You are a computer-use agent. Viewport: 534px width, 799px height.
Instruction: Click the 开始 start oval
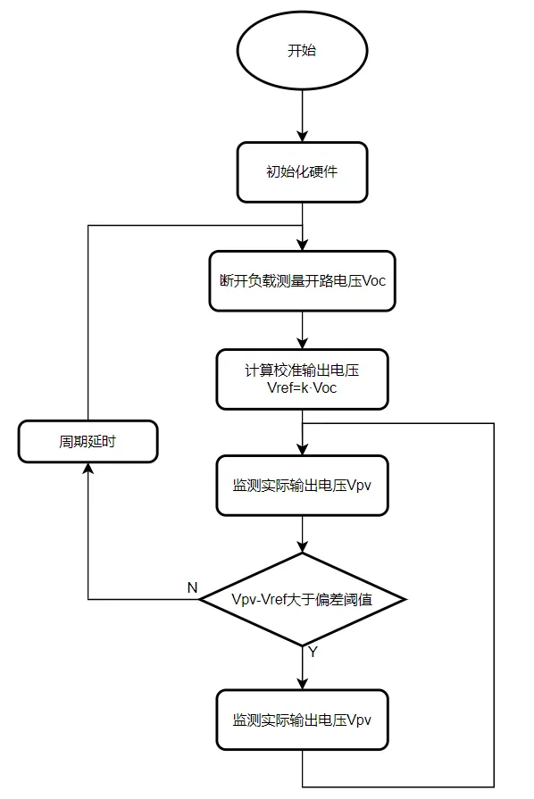click(x=302, y=51)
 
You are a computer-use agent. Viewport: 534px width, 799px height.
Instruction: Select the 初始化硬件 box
click(x=302, y=171)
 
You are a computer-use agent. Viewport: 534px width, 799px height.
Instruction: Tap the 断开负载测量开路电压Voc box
click(x=302, y=279)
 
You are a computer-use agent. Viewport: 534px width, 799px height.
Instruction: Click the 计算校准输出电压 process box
click(x=302, y=379)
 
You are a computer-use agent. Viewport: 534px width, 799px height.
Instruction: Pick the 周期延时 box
click(x=88, y=442)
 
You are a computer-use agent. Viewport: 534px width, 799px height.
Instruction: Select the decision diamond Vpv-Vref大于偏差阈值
click(x=302, y=599)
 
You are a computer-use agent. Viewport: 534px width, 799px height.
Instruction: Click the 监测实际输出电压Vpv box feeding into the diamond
click(x=302, y=486)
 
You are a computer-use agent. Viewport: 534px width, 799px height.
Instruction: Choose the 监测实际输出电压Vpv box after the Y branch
click(x=302, y=720)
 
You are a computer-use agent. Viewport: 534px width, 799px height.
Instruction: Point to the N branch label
click(x=191, y=587)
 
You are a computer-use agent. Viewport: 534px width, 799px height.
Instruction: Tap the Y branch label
click(x=313, y=653)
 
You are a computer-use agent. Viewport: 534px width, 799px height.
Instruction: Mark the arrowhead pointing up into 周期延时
click(x=88, y=470)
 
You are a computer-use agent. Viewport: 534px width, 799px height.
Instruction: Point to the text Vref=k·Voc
click(x=302, y=388)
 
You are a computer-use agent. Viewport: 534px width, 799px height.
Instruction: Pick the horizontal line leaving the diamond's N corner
click(x=143, y=599)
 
